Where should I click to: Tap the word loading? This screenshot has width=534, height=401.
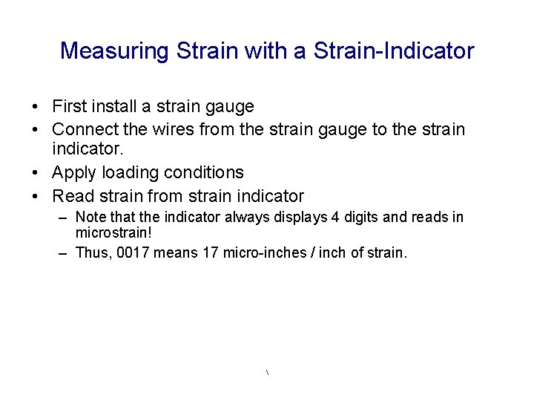click(132, 173)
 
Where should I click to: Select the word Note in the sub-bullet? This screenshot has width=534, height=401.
click(90, 217)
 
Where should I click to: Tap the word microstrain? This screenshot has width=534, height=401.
click(113, 231)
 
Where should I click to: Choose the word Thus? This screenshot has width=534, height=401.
click(92, 252)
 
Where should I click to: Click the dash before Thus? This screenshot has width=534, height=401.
click(64, 252)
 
